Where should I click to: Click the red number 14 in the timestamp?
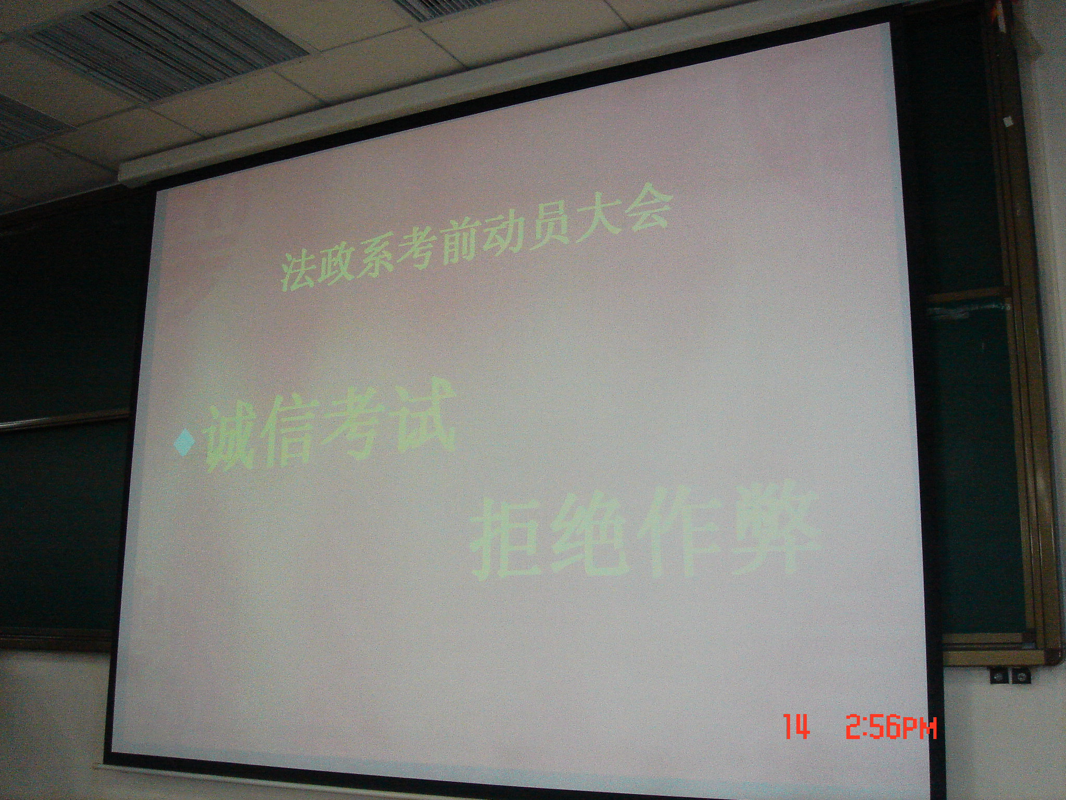click(x=796, y=727)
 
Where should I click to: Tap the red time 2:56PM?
click(x=891, y=727)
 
